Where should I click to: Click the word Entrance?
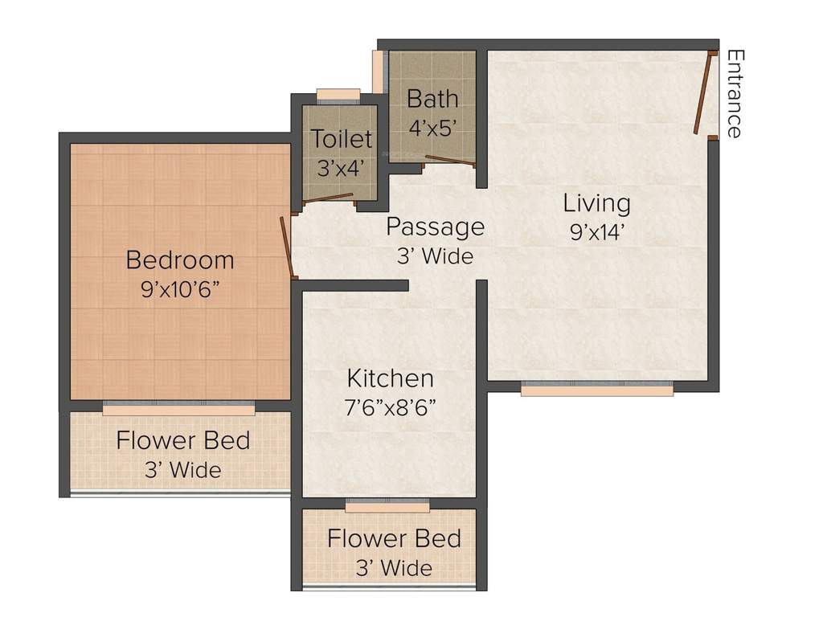click(733, 94)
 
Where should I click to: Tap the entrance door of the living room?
click(704, 93)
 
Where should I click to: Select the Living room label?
click(596, 202)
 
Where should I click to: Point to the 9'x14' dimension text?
click(596, 232)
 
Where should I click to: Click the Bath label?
click(432, 99)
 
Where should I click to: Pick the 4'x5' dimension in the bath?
click(432, 127)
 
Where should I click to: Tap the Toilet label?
click(342, 139)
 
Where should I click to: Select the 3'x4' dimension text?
click(340, 167)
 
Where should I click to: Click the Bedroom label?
click(180, 260)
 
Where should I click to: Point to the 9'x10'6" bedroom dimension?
click(180, 290)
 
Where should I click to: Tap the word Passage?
click(435, 227)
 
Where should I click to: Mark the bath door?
click(450, 160)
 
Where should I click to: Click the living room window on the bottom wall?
click(596, 389)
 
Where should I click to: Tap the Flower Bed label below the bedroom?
click(182, 441)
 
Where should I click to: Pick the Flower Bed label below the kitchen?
click(394, 538)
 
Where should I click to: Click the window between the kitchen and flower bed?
click(387, 505)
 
